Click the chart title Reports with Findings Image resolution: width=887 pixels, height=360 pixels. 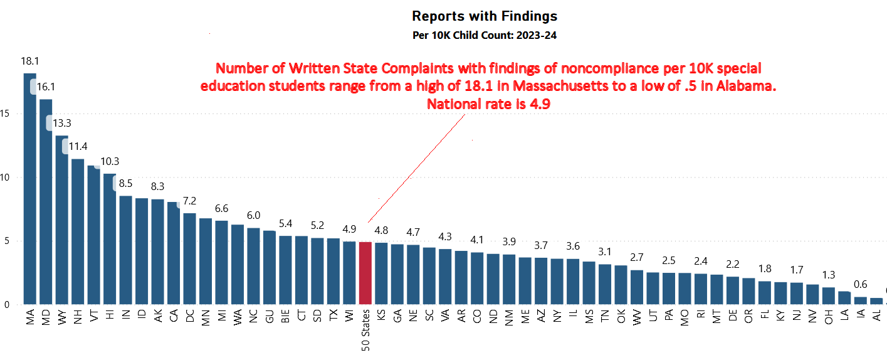tap(484, 16)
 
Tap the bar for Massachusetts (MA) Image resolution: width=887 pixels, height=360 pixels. tap(30, 188)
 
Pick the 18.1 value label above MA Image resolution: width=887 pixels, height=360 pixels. tap(30, 61)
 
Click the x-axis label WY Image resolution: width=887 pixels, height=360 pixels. tap(62, 317)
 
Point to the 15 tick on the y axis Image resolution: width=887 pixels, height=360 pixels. tap(6, 114)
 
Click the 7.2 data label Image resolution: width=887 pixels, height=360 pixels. tap(190, 202)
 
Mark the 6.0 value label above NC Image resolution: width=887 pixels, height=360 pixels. tap(253, 215)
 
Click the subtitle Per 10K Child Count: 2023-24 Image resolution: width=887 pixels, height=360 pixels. tap(484, 35)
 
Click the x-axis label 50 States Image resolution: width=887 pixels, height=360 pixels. tap(365, 330)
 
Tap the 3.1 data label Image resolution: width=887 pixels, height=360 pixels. tap(605, 251)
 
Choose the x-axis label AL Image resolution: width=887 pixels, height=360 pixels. tap(876, 317)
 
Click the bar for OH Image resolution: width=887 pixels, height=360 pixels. tap(829, 295)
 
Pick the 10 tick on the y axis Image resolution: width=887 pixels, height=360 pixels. tap(6, 177)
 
